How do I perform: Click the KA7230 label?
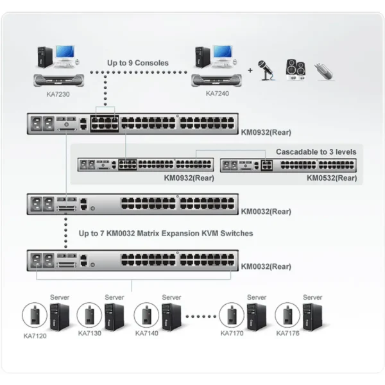pyautogui.click(x=58, y=94)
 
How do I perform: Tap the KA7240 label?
pyautogui.click(x=218, y=94)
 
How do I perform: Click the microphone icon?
pyautogui.click(x=266, y=71)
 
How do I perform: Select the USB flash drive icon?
pyautogui.click(x=324, y=71)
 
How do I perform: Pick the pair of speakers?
pyautogui.click(x=296, y=70)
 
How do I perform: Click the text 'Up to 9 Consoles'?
pyautogui.click(x=138, y=63)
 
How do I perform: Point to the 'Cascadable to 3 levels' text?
pyautogui.click(x=316, y=151)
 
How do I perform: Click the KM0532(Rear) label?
pyautogui.click(x=332, y=178)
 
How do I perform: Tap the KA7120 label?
pyautogui.click(x=35, y=336)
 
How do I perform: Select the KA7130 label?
pyautogui.click(x=90, y=333)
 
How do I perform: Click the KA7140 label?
pyautogui.click(x=146, y=333)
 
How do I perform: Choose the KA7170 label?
pyautogui.click(x=232, y=333)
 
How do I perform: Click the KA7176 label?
pyautogui.click(x=287, y=333)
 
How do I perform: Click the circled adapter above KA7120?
pyautogui.click(x=35, y=315)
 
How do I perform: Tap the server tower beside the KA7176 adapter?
pyautogui.click(x=312, y=317)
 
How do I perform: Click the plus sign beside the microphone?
pyautogui.click(x=250, y=71)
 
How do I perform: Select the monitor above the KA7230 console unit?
pyautogui.click(x=65, y=53)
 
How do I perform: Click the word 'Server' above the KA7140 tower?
pyautogui.click(x=171, y=297)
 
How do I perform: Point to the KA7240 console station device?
pyautogui.click(x=216, y=80)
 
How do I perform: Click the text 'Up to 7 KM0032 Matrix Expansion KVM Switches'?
pyautogui.click(x=166, y=234)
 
